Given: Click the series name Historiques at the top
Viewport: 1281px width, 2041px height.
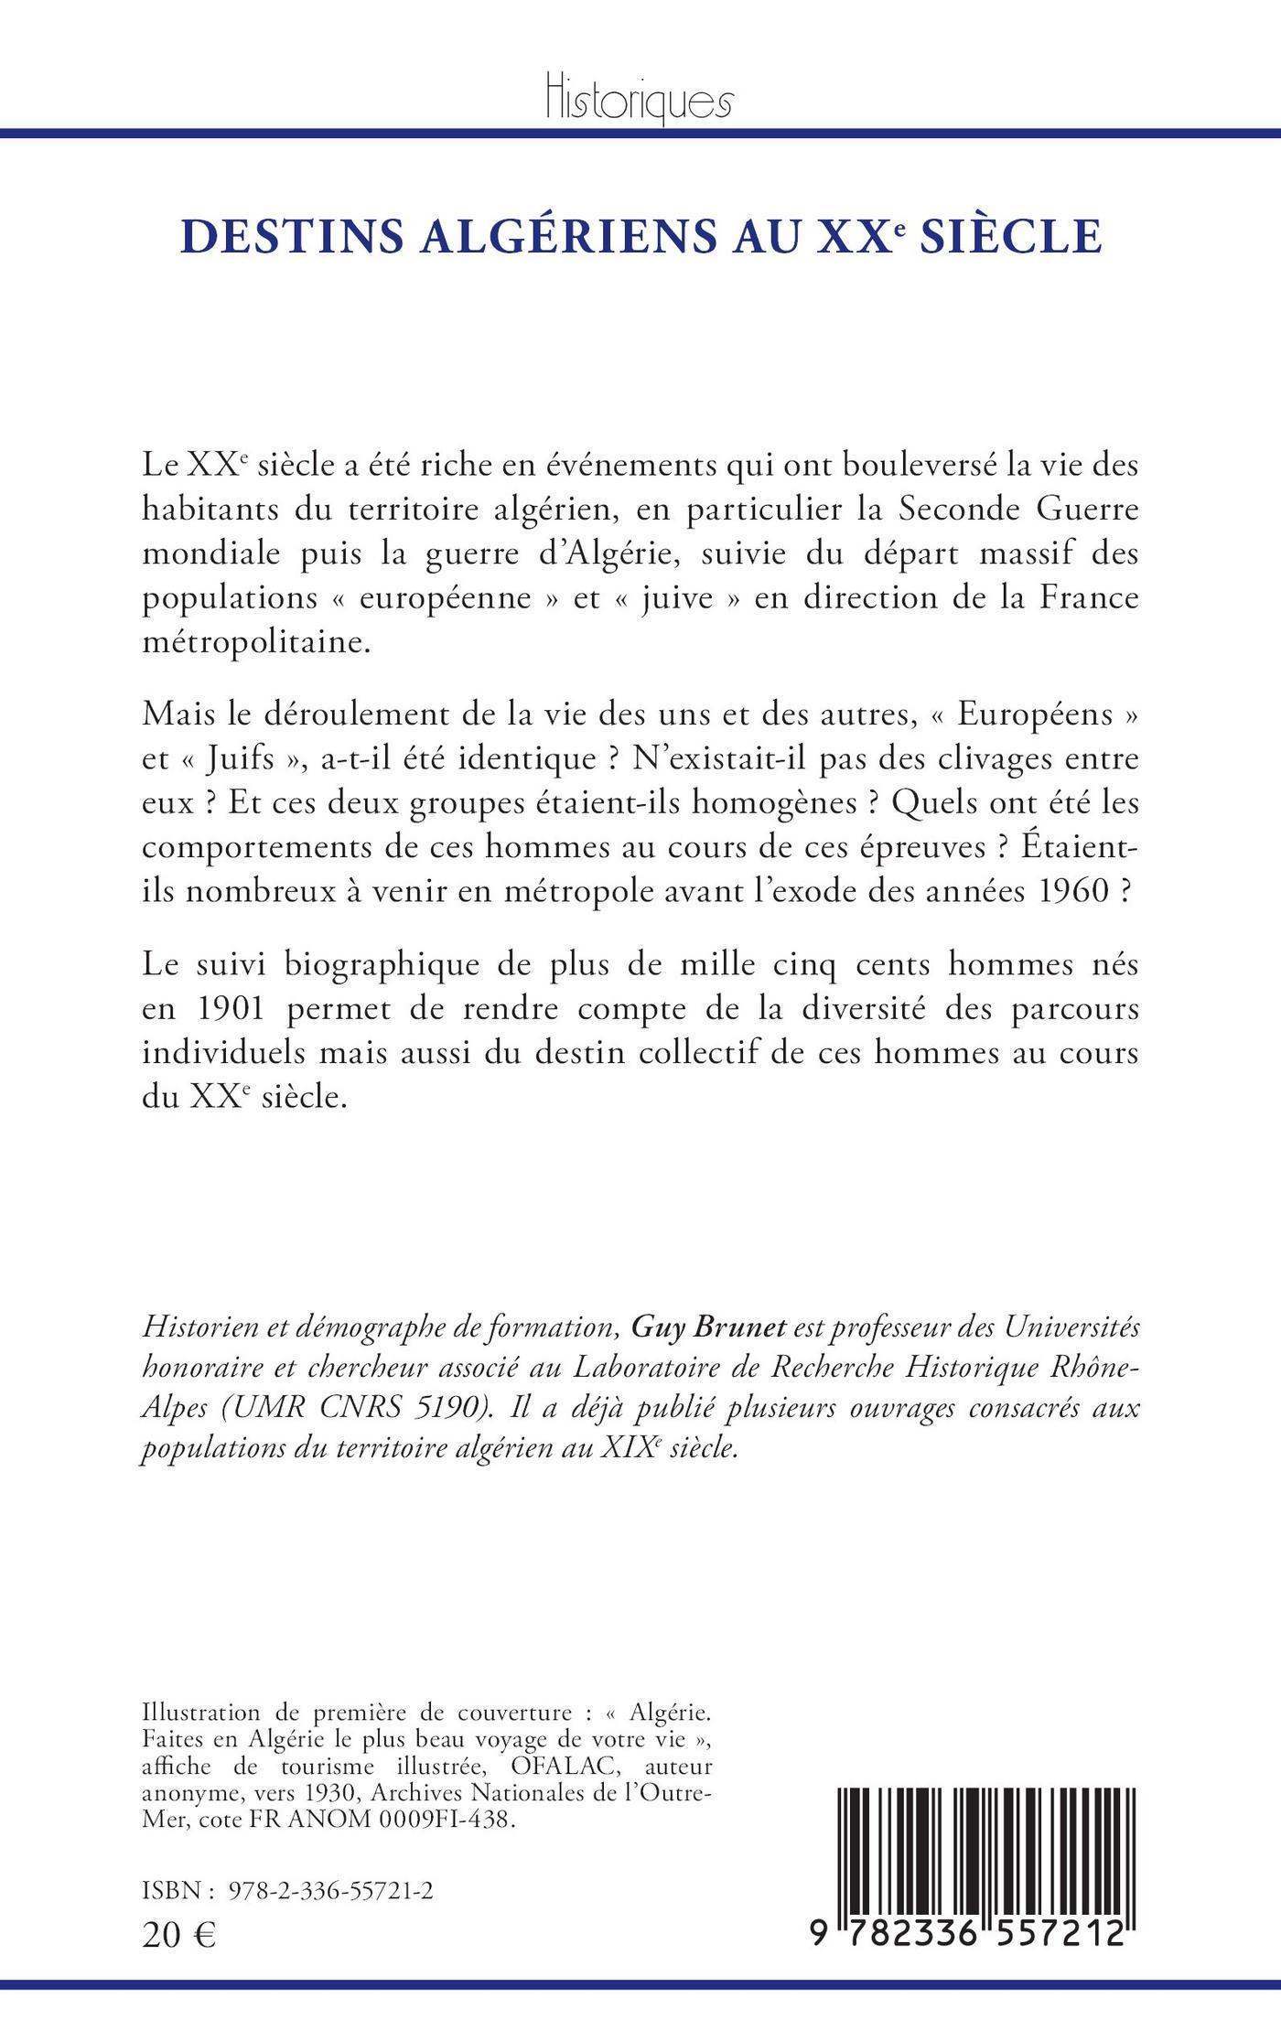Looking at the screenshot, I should click(639, 99).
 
